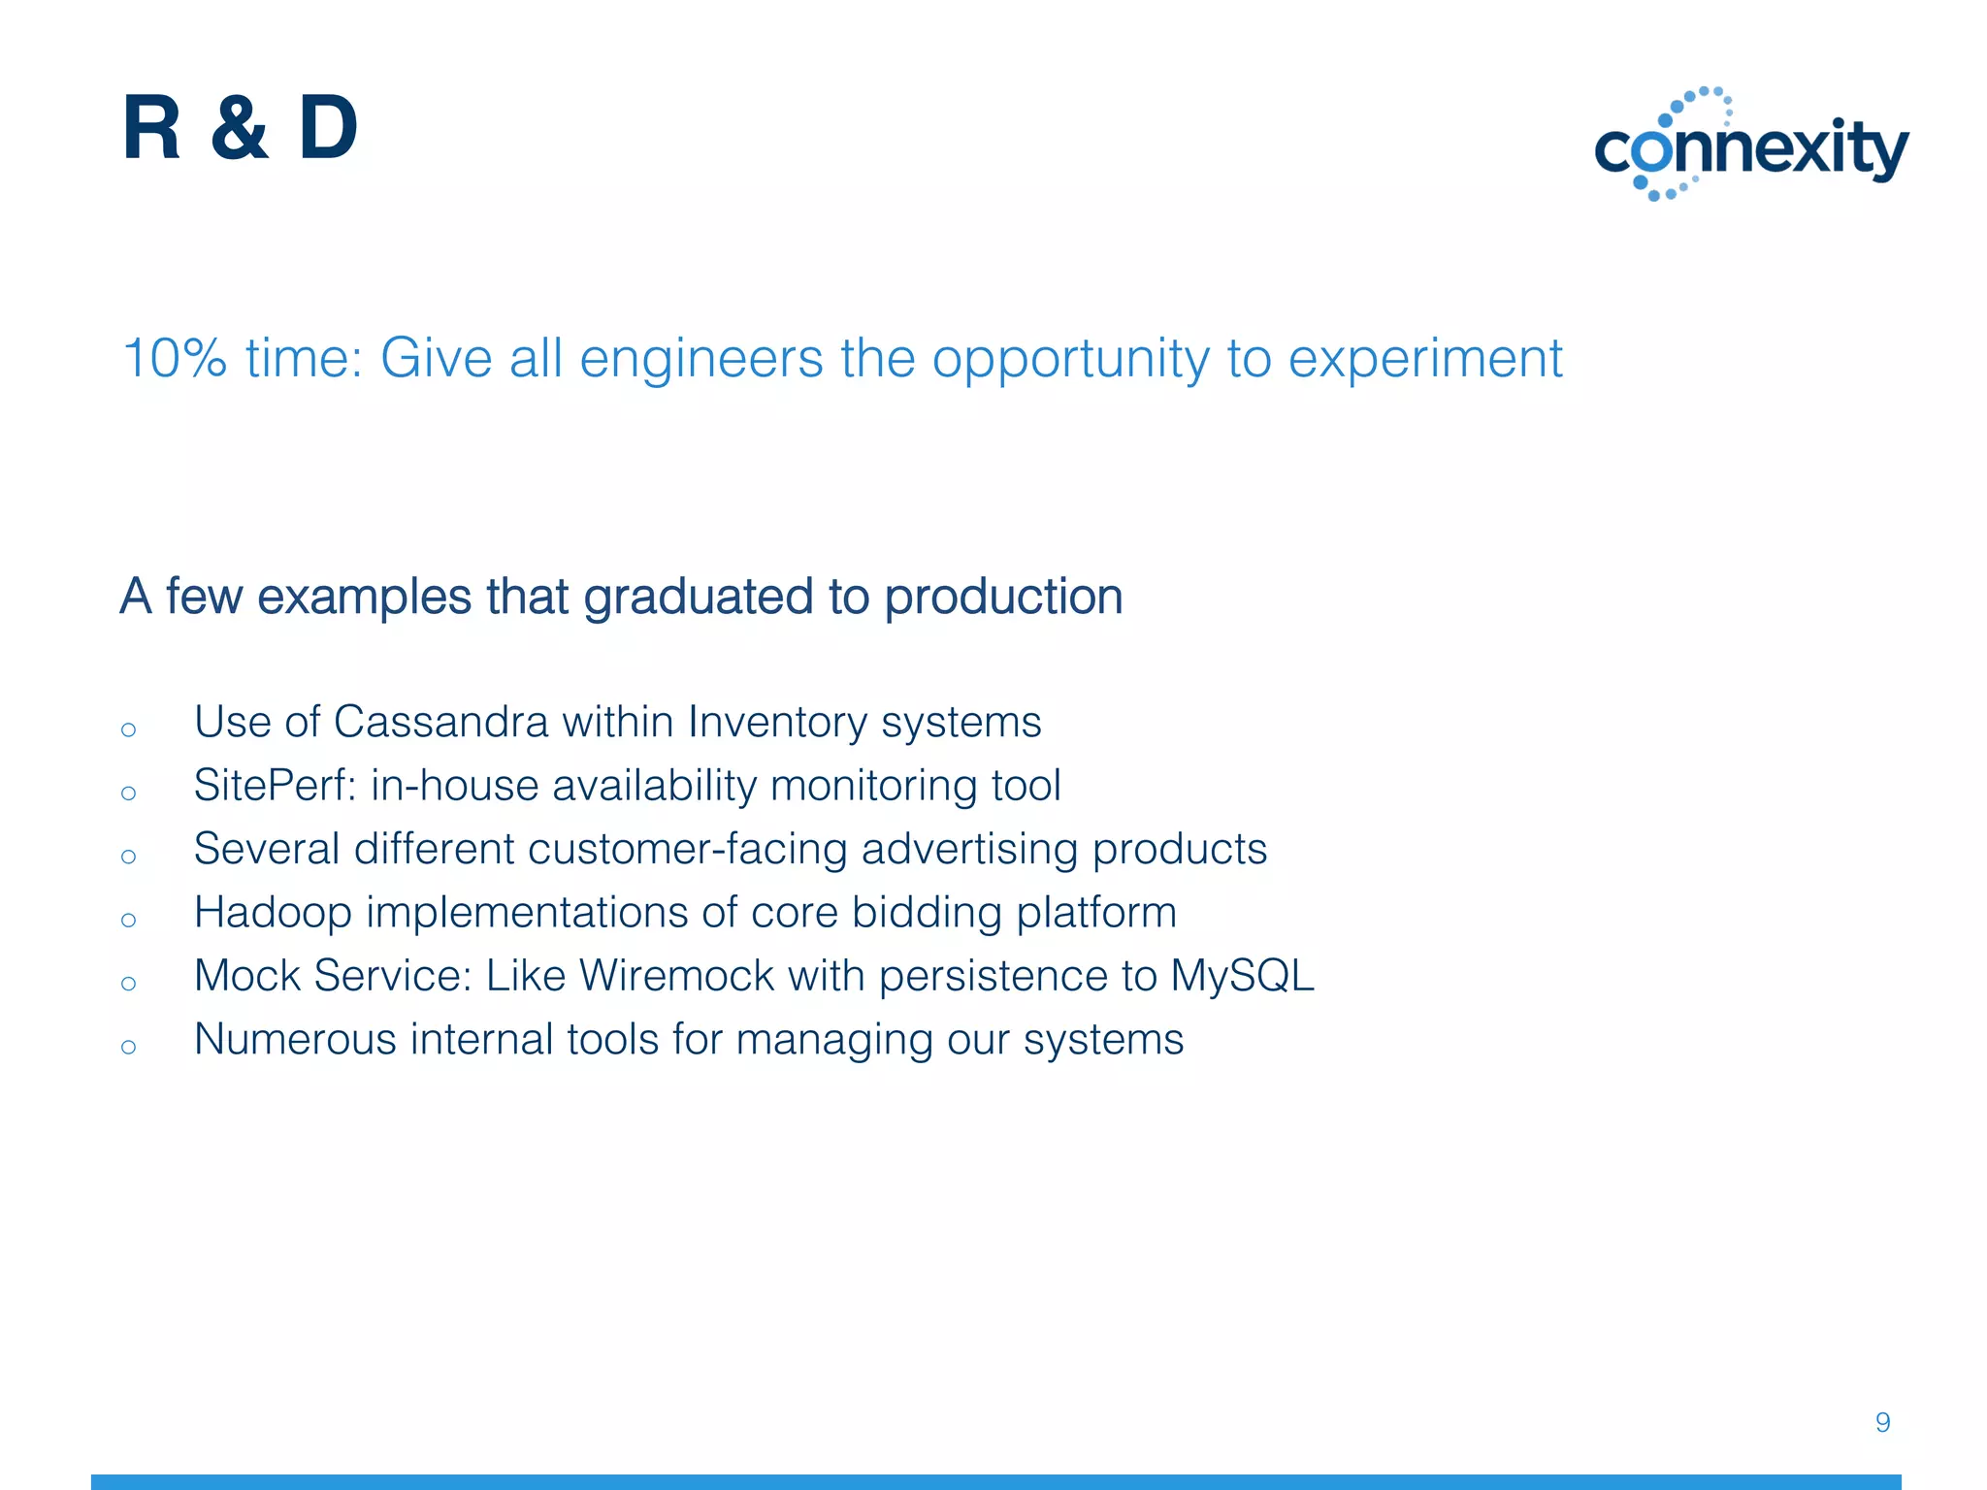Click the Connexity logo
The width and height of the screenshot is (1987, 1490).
(x=1751, y=146)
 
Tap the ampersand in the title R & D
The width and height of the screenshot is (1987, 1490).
(x=239, y=128)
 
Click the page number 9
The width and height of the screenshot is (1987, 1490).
(x=1882, y=1422)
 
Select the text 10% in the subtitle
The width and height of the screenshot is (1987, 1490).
(x=175, y=358)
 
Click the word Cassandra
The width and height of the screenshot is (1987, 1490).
(x=440, y=723)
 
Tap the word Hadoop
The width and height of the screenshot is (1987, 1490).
(x=273, y=913)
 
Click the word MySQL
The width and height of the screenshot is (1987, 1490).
(x=1241, y=976)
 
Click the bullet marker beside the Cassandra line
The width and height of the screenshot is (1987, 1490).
(x=129, y=729)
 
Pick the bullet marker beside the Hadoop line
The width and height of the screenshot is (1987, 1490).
(x=129, y=920)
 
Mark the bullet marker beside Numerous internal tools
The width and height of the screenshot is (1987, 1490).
(x=129, y=1047)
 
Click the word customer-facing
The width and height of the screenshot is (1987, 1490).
(x=688, y=850)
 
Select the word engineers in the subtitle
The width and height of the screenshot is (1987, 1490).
(x=700, y=360)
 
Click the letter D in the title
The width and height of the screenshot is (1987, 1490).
(x=328, y=128)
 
